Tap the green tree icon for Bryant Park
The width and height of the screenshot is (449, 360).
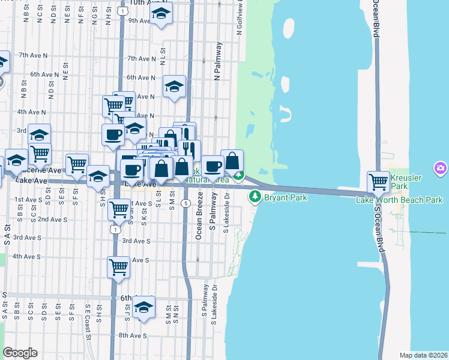[x=255, y=196]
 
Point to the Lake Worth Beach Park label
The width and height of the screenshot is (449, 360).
[x=399, y=200]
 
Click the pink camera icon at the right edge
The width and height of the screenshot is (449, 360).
[x=441, y=169]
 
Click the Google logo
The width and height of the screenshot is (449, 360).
[x=20, y=353]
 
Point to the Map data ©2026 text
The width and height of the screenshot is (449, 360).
[x=423, y=355]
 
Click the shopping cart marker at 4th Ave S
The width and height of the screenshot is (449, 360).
[x=119, y=267]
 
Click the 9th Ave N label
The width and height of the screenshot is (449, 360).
[x=139, y=20]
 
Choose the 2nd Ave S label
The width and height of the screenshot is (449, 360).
[x=51, y=220]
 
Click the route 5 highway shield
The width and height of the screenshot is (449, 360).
[x=187, y=203]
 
